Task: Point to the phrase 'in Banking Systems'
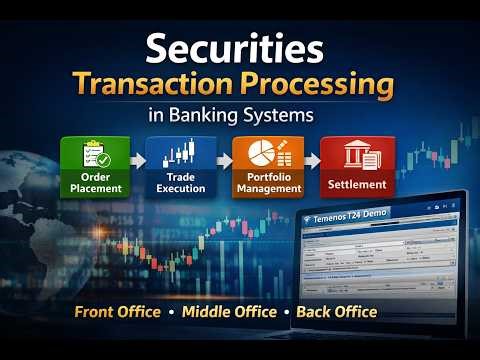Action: pyautogui.click(x=240, y=115)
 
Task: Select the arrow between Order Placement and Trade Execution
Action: pyautogui.click(x=138, y=160)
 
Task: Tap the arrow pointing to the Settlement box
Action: pyautogui.click(x=310, y=160)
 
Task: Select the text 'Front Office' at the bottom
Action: pyautogui.click(x=117, y=312)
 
